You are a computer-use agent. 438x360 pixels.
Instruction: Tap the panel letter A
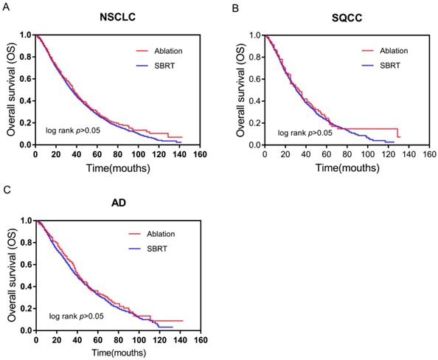coord(6,7)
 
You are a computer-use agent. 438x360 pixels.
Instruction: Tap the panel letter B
coord(235,7)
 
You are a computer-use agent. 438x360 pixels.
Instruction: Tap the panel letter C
coord(6,190)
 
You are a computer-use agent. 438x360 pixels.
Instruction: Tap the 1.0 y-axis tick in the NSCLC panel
coord(24,35)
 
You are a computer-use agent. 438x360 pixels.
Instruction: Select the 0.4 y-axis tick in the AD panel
coord(24,286)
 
